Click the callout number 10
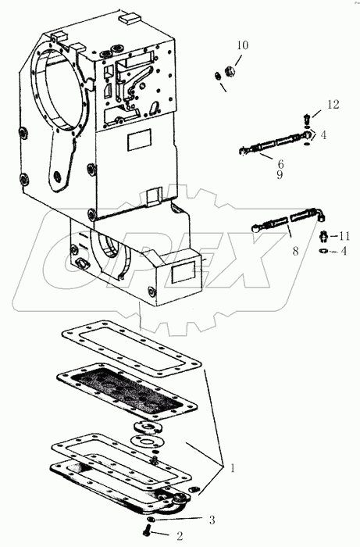pos(242,45)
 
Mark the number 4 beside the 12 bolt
pos(323,134)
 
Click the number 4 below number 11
pos(343,251)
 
